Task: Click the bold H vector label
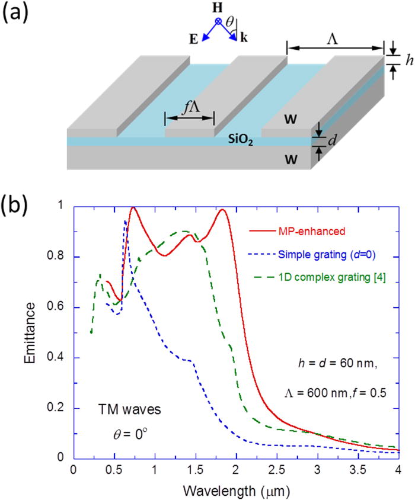[218, 9]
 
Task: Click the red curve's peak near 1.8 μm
[223, 210]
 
